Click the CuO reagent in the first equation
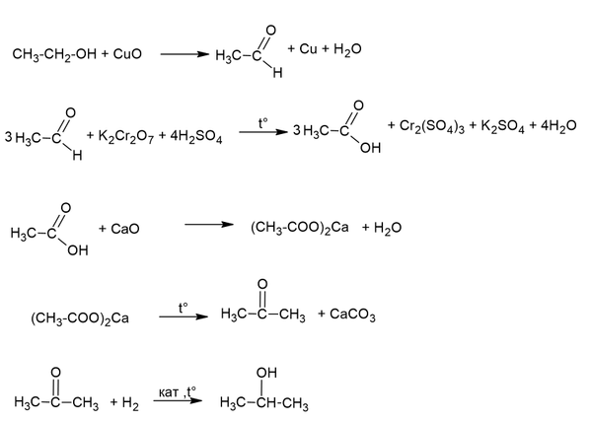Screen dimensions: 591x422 pos(127,54)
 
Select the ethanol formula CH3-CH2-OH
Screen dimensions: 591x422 pos(54,54)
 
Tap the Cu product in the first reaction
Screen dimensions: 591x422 pos(308,48)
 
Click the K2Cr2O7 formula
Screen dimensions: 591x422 pos(126,136)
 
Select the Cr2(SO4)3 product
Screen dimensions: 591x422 pos(431,126)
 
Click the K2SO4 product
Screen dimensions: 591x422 pos(502,126)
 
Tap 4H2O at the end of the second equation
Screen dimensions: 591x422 pos(558,126)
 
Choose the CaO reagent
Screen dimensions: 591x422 pos(125,229)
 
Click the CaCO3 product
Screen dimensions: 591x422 pos(352,315)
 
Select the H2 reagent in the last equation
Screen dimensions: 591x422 pos(130,404)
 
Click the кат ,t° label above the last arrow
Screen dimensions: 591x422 pos(177,392)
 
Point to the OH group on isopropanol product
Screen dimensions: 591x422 pos(266,373)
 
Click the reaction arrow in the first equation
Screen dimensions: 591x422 pos(185,54)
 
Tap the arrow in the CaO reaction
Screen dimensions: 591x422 pos(209,225)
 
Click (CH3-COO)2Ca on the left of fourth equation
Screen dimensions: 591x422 pos(80,318)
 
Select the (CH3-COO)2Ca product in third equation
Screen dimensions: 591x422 pos(300,228)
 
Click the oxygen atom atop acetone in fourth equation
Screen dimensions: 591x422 pos(262,284)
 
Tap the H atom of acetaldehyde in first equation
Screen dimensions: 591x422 pos(277,72)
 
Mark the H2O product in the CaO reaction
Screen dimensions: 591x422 pos(388,228)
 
